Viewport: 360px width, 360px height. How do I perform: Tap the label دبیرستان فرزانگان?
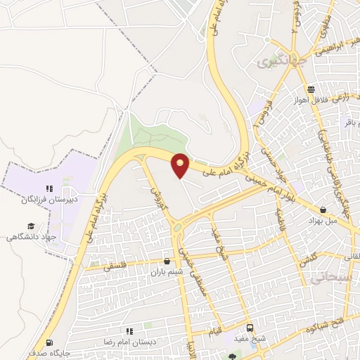coord(49,200)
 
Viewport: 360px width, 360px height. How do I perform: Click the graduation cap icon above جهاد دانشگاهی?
coord(30,226)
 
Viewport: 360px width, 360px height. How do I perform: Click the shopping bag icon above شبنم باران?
coord(167,260)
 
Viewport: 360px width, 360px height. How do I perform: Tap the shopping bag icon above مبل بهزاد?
coord(323,210)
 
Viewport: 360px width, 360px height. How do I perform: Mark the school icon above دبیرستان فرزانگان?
coord(49,188)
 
